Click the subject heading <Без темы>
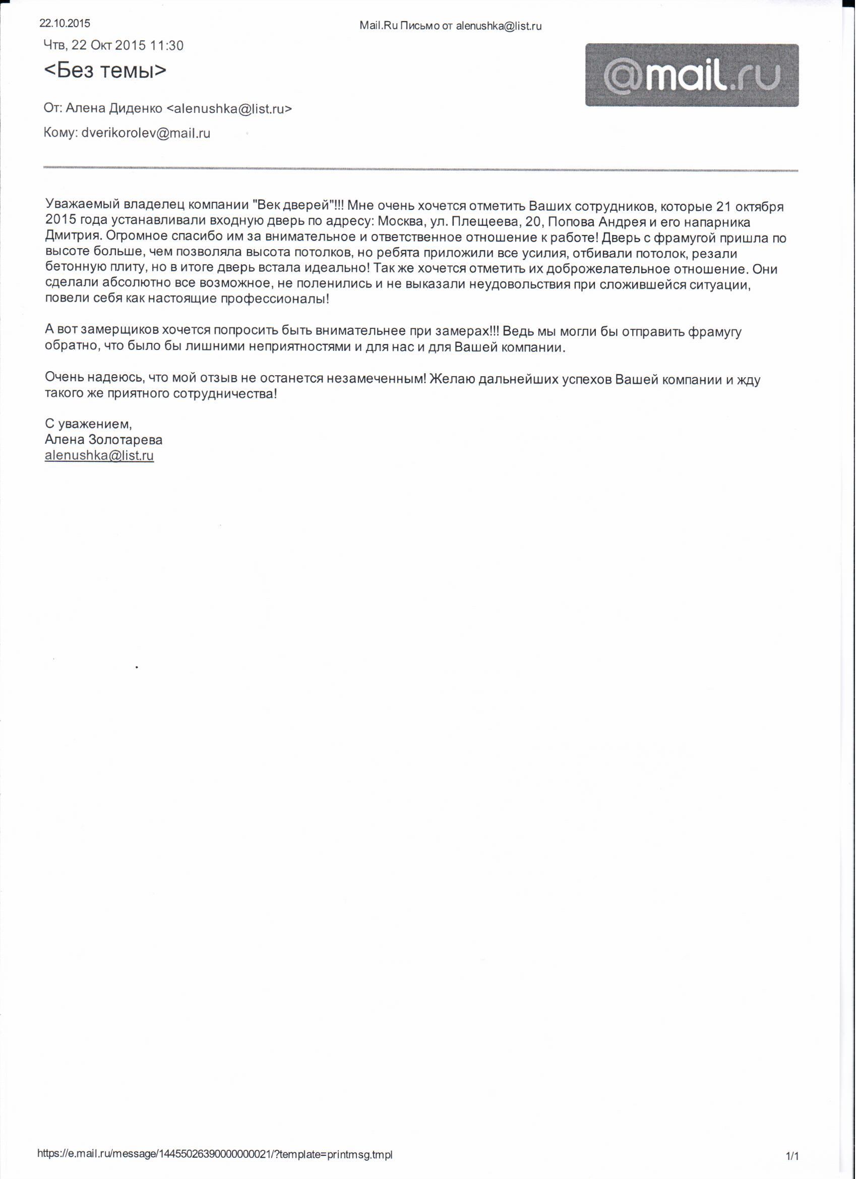(x=105, y=70)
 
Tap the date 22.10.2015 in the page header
(x=65, y=23)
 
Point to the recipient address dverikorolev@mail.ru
(x=146, y=134)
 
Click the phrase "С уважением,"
(x=89, y=425)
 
